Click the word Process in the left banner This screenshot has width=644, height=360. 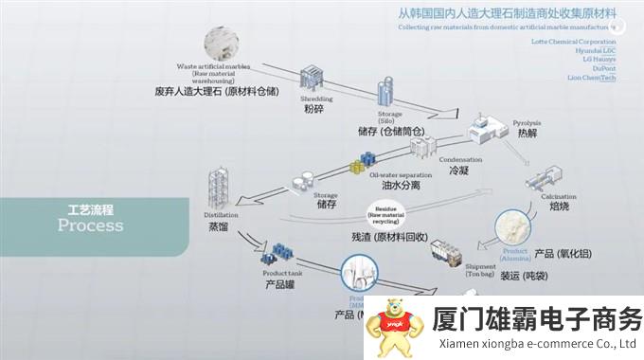click(90, 225)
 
